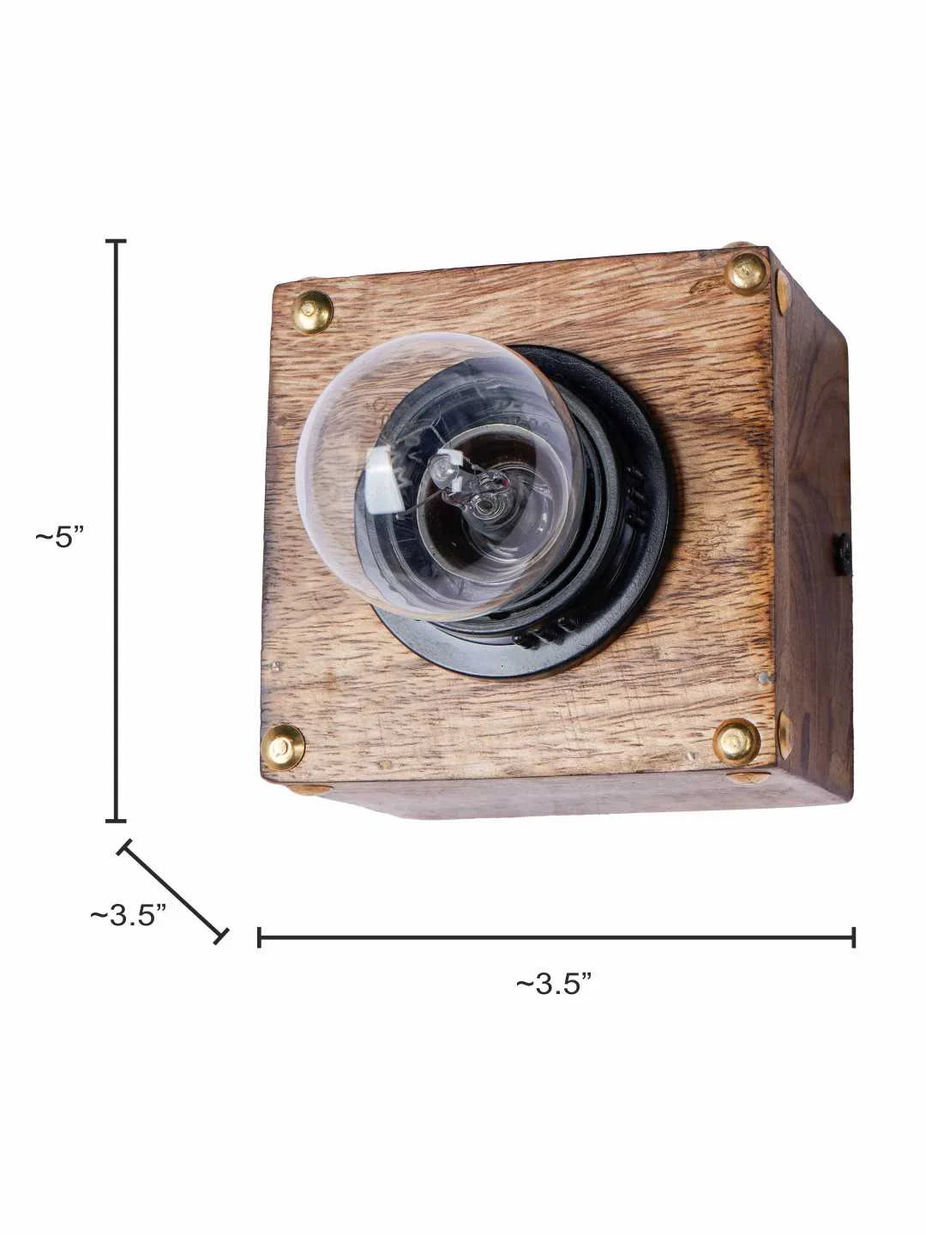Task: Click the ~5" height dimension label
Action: pyautogui.click(x=60, y=538)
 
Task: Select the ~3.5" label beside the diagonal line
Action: pyautogui.click(x=128, y=915)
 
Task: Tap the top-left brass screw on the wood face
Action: pyautogui.click(x=313, y=308)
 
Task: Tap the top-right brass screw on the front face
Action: pyautogui.click(x=747, y=274)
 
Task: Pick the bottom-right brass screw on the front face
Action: pyautogui.click(x=737, y=740)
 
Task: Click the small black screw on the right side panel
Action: pyautogui.click(x=845, y=554)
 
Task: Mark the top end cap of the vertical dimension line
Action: pyautogui.click(x=116, y=243)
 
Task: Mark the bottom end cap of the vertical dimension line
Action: pyautogui.click(x=116, y=821)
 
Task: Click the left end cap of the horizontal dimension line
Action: pyautogui.click(x=259, y=937)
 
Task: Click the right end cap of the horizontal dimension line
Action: pyautogui.click(x=853, y=937)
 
